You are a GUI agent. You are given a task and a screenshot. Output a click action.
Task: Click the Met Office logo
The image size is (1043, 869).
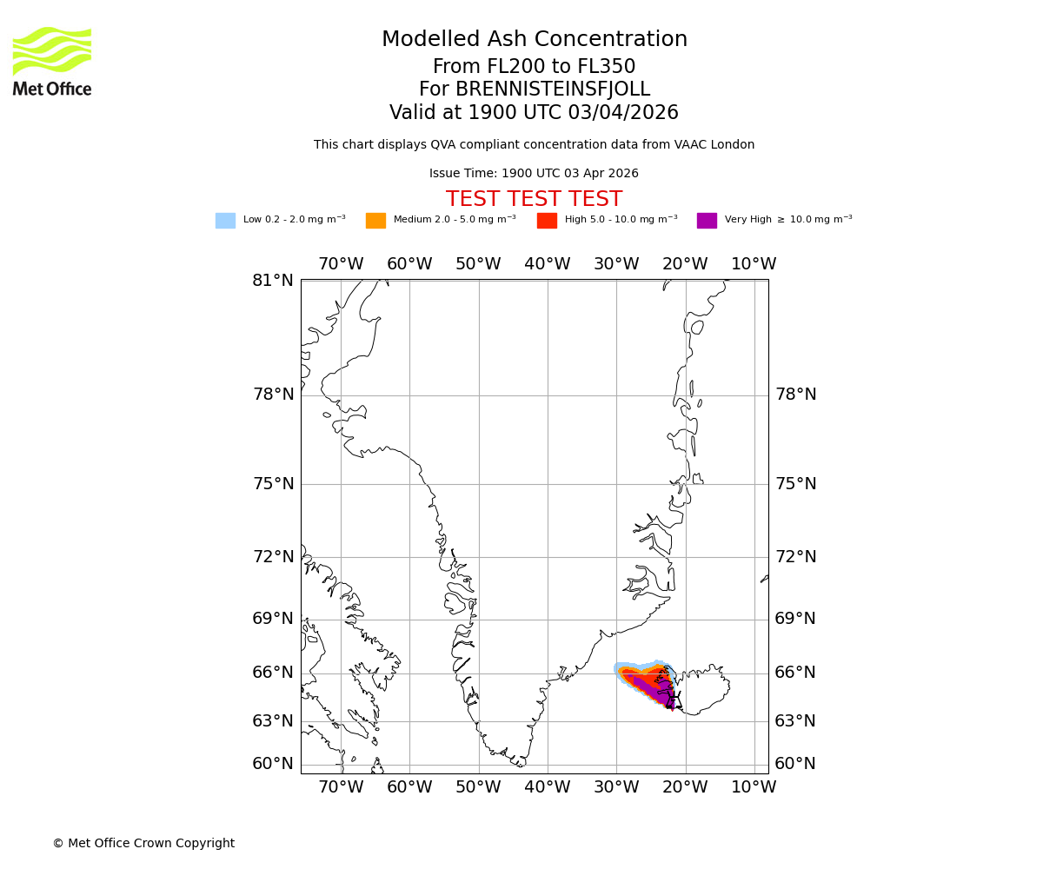click(x=52, y=61)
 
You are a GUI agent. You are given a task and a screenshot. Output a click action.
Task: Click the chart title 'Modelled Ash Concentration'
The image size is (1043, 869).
click(x=535, y=40)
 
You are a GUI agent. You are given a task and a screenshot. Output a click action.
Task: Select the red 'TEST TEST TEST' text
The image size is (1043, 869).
click(x=534, y=199)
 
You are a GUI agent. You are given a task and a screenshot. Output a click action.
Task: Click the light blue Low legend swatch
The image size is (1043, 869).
click(x=225, y=221)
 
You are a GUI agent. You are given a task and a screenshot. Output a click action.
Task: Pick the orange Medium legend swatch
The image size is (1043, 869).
click(x=375, y=221)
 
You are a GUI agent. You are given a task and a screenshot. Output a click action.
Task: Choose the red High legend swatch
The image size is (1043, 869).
click(x=547, y=221)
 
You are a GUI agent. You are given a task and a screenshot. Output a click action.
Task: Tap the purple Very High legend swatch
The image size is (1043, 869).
click(x=707, y=221)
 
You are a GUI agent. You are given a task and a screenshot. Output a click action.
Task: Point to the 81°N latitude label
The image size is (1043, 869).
click(x=273, y=281)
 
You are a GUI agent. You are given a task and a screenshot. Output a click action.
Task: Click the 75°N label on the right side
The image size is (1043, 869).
click(x=795, y=484)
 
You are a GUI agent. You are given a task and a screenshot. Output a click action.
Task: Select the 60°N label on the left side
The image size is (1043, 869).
click(x=273, y=764)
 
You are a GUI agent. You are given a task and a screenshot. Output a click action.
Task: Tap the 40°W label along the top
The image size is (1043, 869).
click(x=548, y=264)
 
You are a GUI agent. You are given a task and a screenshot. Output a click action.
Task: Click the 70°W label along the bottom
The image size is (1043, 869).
click(x=341, y=787)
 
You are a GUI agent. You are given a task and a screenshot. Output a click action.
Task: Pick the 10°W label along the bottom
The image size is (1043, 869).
click(x=754, y=787)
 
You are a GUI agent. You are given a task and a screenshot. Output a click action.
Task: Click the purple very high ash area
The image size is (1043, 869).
click(x=662, y=695)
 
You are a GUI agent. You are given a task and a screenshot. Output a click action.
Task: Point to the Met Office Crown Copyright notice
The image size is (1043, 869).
click(x=143, y=844)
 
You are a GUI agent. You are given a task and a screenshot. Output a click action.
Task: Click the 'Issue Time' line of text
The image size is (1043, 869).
click(x=534, y=174)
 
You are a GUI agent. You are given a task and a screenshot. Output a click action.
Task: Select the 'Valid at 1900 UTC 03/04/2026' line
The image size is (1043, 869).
click(x=534, y=113)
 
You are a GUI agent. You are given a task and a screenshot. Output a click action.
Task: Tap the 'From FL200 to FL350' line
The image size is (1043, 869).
click(x=534, y=67)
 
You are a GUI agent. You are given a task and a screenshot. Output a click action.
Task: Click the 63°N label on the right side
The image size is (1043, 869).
click(x=795, y=721)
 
